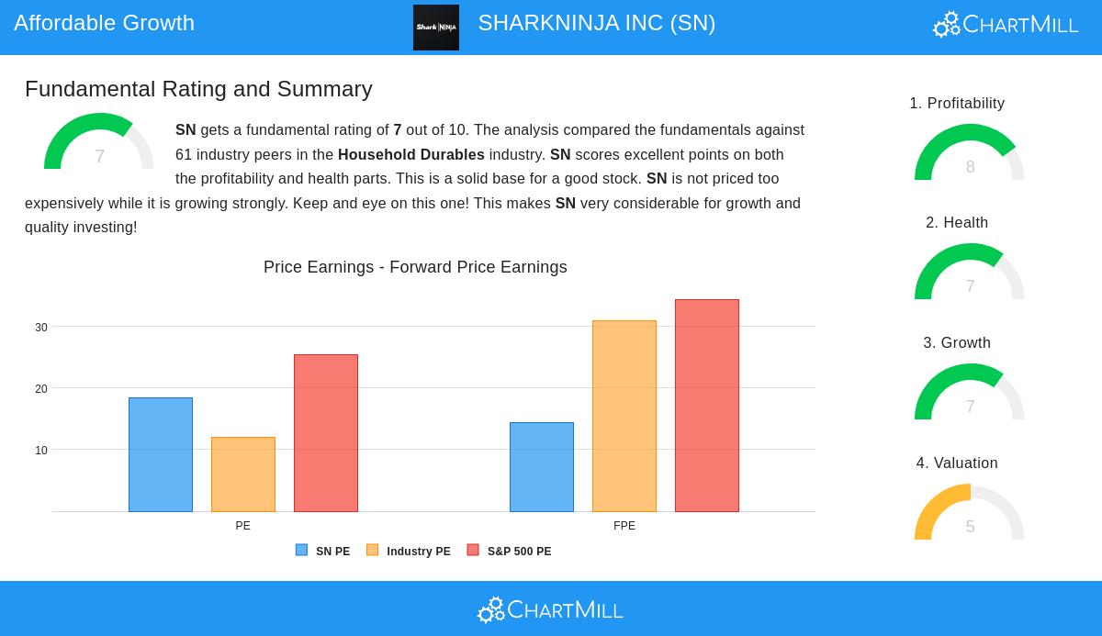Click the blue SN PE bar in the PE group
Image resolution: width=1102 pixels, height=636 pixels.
tap(161, 454)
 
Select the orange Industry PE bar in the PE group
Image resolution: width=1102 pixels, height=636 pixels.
tap(243, 474)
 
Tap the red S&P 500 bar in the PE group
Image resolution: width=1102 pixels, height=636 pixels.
tap(326, 433)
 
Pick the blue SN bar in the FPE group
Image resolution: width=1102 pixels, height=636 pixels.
tap(542, 467)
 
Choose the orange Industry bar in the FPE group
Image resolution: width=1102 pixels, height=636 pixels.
tap(624, 416)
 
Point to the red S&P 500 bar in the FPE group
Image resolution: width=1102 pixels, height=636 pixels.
tap(707, 406)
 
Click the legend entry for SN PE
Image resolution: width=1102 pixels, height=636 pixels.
tap(323, 552)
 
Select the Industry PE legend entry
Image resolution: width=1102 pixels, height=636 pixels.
tap(409, 552)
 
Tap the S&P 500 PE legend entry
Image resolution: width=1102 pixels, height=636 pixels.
tap(510, 552)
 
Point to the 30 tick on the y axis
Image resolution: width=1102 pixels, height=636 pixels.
tap(41, 328)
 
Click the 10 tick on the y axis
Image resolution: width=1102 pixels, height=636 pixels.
tap(41, 451)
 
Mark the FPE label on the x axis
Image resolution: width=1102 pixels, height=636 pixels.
tap(624, 526)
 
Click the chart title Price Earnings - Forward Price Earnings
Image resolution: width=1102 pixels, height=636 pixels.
tap(415, 267)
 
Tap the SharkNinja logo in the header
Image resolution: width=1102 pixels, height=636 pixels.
tap(436, 28)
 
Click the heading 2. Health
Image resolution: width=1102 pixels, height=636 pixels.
tap(957, 223)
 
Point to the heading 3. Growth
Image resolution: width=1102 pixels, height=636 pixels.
tap(957, 343)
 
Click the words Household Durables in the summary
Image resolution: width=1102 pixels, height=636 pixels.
tap(410, 155)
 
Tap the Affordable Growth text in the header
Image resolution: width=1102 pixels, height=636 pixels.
tap(105, 23)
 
